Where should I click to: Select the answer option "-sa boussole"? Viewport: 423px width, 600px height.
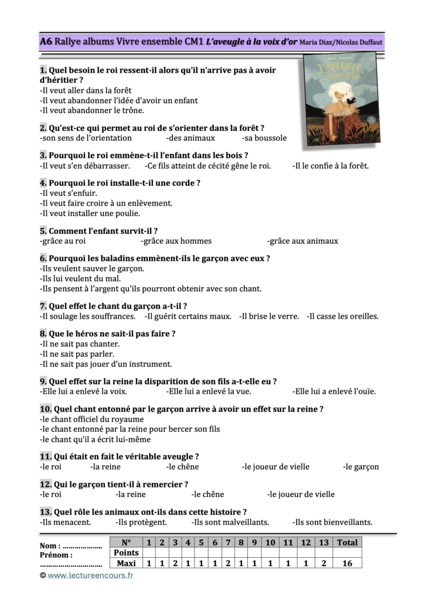(264, 138)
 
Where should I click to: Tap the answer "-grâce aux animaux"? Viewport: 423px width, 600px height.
(302, 241)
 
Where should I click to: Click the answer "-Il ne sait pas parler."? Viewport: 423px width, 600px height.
(77, 354)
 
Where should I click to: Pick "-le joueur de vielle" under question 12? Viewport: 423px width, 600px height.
(301, 495)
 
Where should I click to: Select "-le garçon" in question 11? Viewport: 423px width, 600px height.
(360, 467)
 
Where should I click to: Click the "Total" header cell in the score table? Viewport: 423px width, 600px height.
(347, 543)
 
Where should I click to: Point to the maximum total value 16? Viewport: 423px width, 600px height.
(347, 563)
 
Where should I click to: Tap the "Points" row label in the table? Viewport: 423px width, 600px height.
(126, 553)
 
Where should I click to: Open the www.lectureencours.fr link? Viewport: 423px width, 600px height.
(90, 575)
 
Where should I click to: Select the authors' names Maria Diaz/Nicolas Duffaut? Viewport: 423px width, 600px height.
(340, 42)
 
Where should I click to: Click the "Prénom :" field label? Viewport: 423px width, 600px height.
(56, 555)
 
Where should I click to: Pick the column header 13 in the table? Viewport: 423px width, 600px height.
(323, 543)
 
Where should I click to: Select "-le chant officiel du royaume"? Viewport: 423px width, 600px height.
(91, 420)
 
